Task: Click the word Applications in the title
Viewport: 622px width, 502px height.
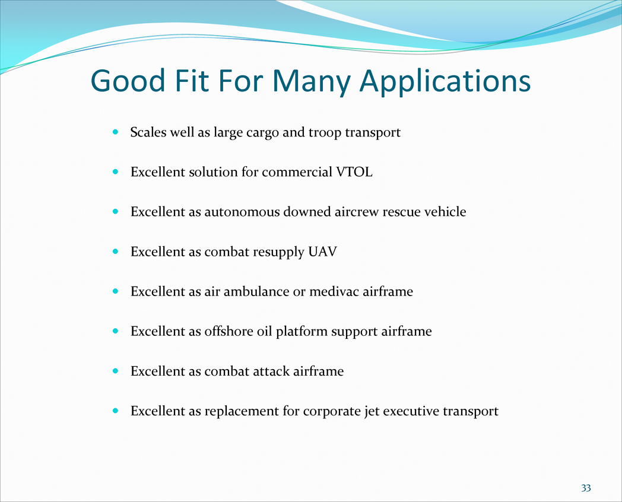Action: pyautogui.click(x=445, y=82)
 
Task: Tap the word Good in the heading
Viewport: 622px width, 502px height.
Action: pyautogui.click(x=128, y=81)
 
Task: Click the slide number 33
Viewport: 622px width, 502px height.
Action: pyautogui.click(x=586, y=488)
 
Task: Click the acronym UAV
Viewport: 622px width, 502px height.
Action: pyautogui.click(x=322, y=252)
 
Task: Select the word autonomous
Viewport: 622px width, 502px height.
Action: pyautogui.click(x=242, y=212)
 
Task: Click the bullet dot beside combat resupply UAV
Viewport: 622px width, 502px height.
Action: pyautogui.click(x=115, y=252)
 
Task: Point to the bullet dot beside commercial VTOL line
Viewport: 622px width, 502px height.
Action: pyautogui.click(x=115, y=171)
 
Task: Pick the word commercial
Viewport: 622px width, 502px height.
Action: pyautogui.click(x=297, y=171)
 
